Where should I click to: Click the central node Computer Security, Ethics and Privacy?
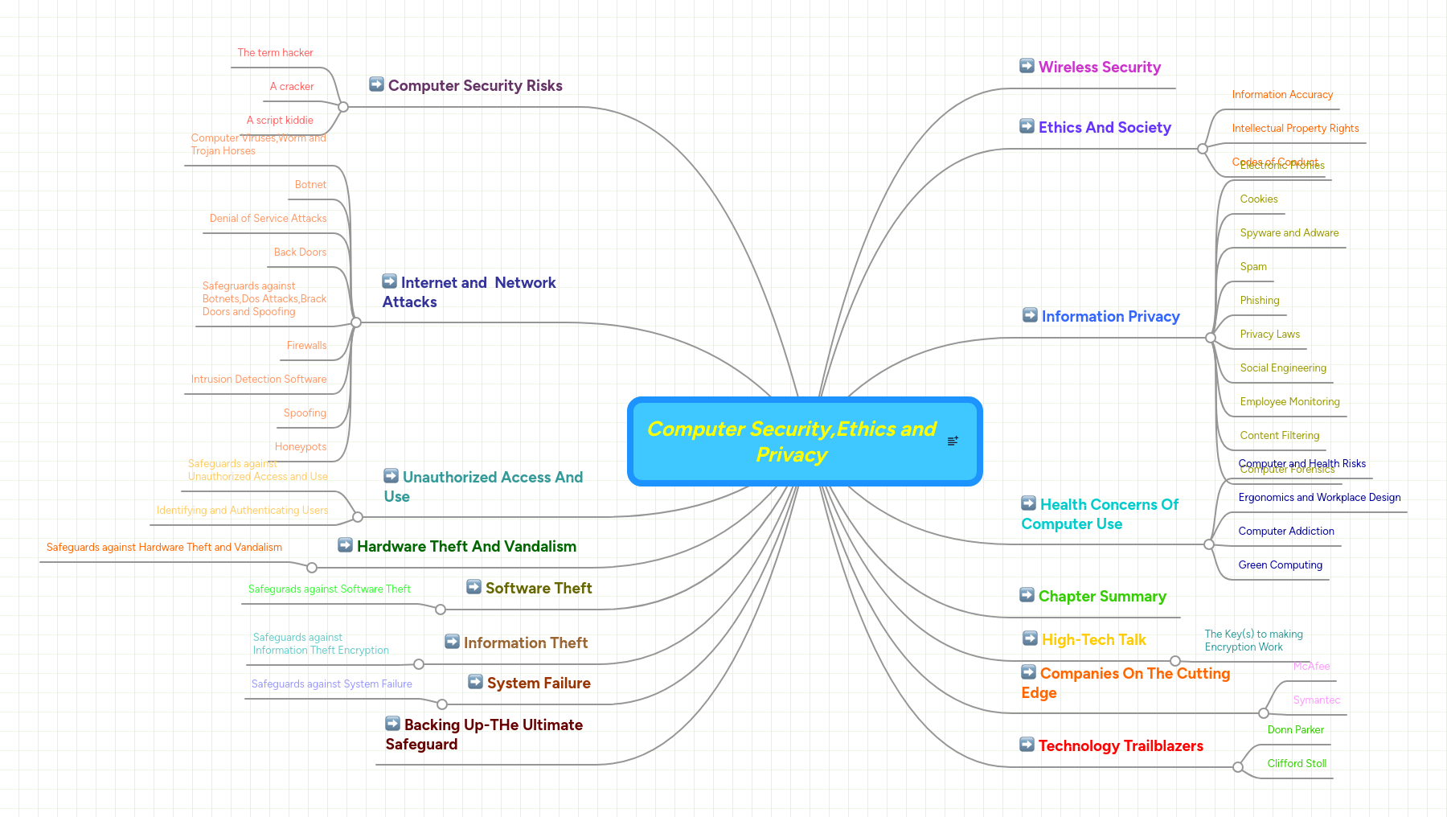click(792, 441)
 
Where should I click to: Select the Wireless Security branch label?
click(1099, 68)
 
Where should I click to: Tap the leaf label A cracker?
click(292, 87)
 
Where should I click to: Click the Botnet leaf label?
click(310, 185)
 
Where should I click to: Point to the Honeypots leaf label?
click(301, 447)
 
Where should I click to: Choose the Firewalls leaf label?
click(306, 346)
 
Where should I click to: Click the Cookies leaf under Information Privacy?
click(1259, 199)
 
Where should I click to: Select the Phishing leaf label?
click(1260, 301)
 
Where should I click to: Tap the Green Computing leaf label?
click(1280, 565)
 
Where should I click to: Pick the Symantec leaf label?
click(1316, 700)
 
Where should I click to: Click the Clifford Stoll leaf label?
click(1297, 764)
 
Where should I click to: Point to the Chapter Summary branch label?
click(1101, 597)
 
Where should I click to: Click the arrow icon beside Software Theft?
click(474, 587)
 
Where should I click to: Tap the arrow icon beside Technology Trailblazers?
click(1027, 745)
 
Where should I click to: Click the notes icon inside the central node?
click(953, 441)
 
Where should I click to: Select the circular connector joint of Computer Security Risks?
click(343, 107)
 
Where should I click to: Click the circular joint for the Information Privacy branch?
click(1211, 338)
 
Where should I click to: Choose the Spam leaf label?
click(1253, 267)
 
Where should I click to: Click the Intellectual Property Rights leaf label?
click(1295, 129)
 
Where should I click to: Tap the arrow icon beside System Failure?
click(476, 682)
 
